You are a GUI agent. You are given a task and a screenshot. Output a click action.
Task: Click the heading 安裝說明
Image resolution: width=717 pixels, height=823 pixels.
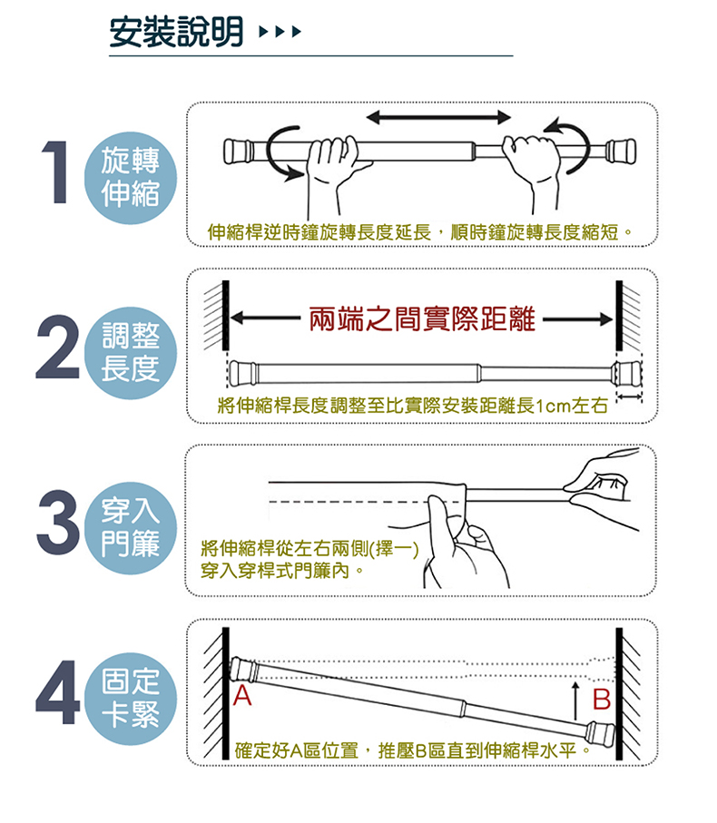click(x=176, y=32)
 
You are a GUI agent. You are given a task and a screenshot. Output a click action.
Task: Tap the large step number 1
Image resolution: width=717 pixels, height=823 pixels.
click(x=55, y=171)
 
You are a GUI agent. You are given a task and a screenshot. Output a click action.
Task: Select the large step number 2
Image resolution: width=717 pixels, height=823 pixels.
click(x=58, y=347)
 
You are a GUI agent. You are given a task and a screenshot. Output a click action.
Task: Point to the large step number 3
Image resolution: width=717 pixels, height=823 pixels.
click(x=58, y=523)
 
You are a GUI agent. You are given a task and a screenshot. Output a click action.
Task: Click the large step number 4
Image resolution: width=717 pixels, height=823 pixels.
click(x=58, y=693)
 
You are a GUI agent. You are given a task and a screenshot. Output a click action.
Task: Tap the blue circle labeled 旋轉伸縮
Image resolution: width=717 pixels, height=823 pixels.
click(x=130, y=178)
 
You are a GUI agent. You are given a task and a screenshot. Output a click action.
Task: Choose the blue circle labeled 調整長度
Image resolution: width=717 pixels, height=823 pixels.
click(x=130, y=353)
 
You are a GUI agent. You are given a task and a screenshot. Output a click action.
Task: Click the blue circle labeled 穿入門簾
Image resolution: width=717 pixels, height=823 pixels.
click(x=130, y=527)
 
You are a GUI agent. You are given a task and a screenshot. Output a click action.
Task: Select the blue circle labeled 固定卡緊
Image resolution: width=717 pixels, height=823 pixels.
click(x=130, y=699)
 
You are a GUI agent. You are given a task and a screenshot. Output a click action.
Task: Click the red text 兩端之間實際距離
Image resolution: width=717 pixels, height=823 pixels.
click(x=422, y=319)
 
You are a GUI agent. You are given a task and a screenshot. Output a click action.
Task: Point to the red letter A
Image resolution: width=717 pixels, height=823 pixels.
click(x=242, y=695)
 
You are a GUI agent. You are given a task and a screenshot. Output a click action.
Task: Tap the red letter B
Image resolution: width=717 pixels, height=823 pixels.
click(x=602, y=699)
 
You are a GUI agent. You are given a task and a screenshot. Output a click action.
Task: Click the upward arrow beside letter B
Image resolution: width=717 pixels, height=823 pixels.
click(x=575, y=701)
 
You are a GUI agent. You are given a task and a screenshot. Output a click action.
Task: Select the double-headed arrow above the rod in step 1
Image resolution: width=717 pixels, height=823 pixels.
click(x=438, y=117)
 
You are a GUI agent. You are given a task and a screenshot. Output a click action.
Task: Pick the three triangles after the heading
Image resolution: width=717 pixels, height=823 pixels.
click(x=280, y=32)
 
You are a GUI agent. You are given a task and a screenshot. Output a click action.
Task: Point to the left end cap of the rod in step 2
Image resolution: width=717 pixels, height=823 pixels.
click(x=242, y=372)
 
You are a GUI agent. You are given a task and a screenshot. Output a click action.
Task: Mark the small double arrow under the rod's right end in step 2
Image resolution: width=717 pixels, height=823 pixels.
click(x=629, y=397)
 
